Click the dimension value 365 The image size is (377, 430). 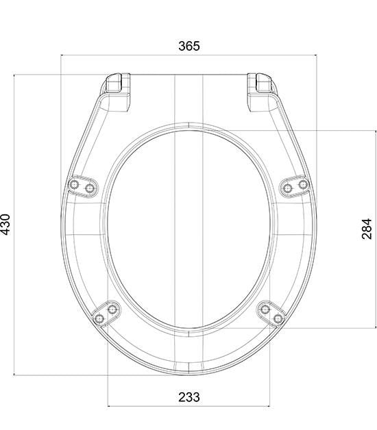pyautogui.click(x=189, y=46)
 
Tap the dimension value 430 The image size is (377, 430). pyautogui.click(x=5, y=225)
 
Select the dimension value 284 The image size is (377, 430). pyautogui.click(x=367, y=229)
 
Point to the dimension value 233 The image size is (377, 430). pyautogui.click(x=189, y=397)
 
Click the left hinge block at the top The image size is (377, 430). pyautogui.click(x=117, y=91)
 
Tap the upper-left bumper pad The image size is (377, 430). pyautogui.click(x=83, y=186)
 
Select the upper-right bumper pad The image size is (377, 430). pyautogui.click(x=295, y=186)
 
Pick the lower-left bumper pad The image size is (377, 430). pyautogui.click(x=106, y=314)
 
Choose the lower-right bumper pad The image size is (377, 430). pyautogui.click(x=271, y=314)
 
